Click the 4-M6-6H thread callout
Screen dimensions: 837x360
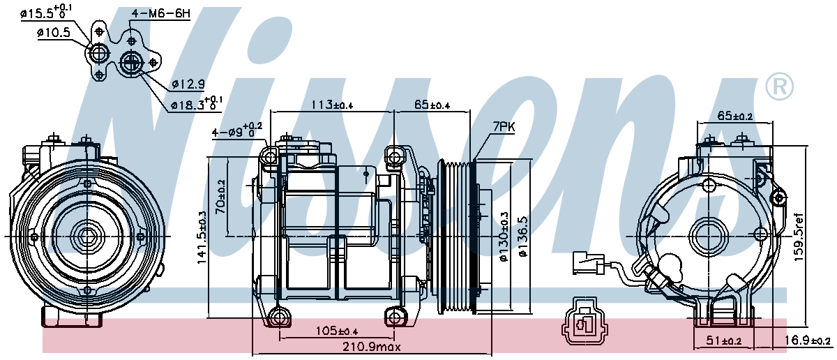161,13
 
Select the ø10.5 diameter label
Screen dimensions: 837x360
54,33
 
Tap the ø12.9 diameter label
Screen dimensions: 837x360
188,84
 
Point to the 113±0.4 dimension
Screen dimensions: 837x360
332,105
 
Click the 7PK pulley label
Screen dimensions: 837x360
504,127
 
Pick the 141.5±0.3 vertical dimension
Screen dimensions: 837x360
202,238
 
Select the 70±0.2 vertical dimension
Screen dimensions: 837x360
220,197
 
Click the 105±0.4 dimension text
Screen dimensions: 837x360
337,331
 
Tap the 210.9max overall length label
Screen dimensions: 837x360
372,347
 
